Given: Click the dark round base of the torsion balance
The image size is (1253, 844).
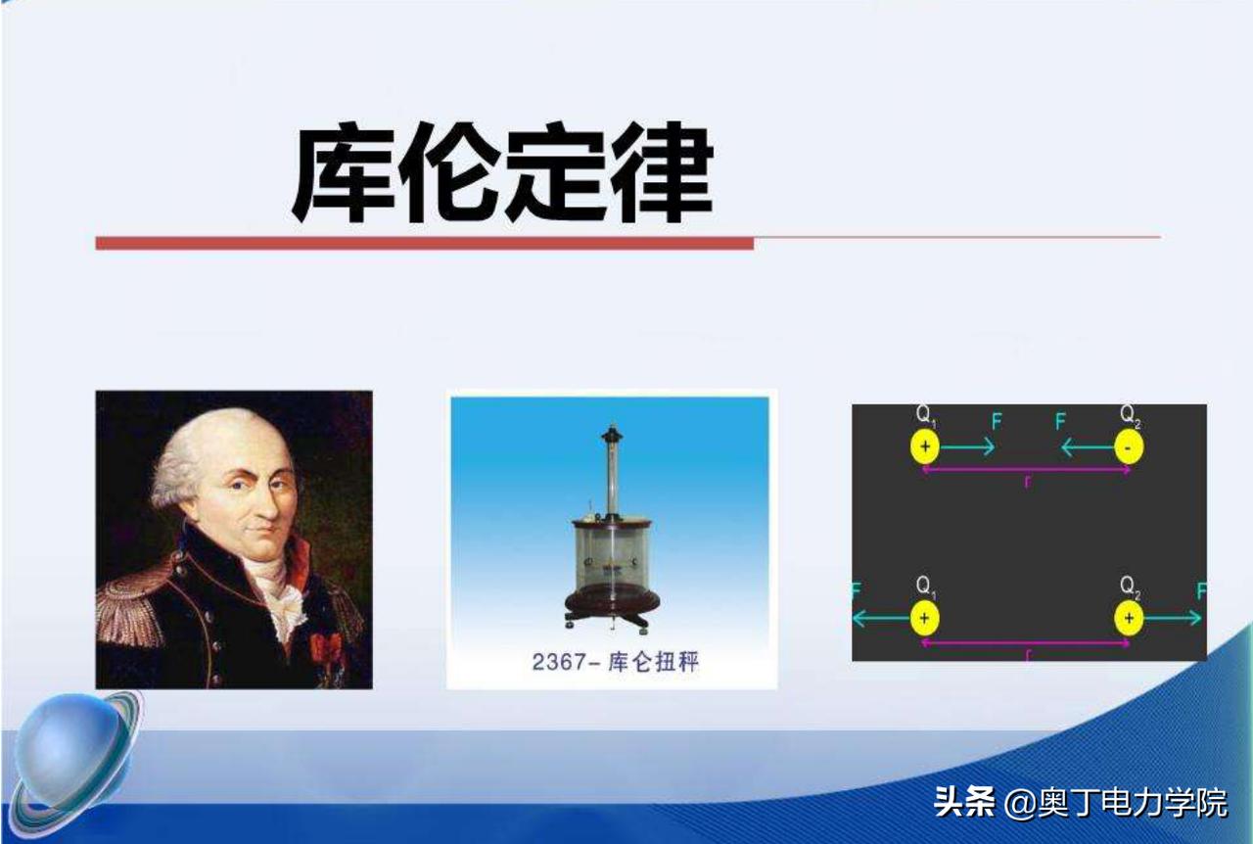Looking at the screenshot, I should point(613,599).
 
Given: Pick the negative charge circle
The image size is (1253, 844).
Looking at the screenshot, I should point(1129,447).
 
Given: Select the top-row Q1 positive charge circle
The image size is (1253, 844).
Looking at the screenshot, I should point(924,447).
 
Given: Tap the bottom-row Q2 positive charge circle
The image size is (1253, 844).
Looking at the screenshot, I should point(1129,618).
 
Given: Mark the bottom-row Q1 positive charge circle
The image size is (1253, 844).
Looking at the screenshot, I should point(924,618).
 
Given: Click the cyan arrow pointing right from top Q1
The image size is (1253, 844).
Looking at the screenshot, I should point(967,447).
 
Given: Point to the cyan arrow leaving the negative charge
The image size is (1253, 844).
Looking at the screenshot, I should point(1088,448).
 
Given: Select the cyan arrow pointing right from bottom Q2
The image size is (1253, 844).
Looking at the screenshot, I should point(1172,618).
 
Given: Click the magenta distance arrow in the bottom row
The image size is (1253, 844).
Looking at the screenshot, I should point(1026,642).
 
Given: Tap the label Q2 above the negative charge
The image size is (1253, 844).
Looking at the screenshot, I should point(1131,415).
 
